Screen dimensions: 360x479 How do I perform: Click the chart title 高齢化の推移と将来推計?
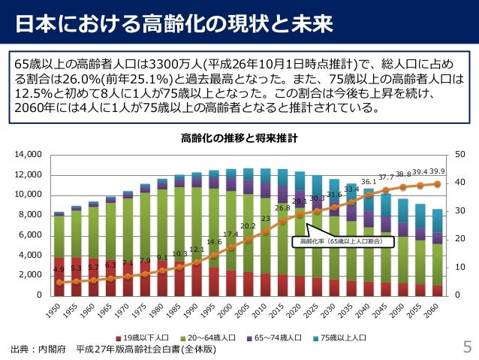[x=239, y=138]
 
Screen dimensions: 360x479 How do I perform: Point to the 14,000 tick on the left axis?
[x=26, y=155]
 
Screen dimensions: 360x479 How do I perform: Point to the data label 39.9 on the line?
[x=438, y=171]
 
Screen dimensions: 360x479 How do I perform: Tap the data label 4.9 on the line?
[x=59, y=270]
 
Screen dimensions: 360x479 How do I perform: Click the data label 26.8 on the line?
[x=282, y=208]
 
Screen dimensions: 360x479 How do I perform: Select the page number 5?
[x=466, y=347]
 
